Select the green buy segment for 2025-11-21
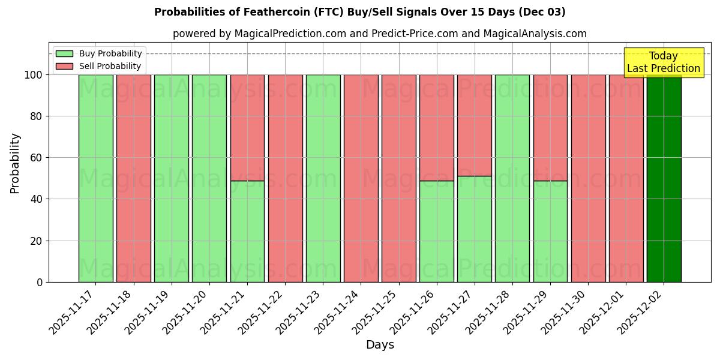pyautogui.click(x=247, y=231)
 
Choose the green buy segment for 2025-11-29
pyautogui.click(x=550, y=231)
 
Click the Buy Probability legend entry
pyautogui.click(x=99, y=54)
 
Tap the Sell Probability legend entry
pyautogui.click(x=99, y=66)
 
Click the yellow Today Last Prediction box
pyautogui.click(x=664, y=62)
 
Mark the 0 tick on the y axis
pyautogui.click(x=40, y=282)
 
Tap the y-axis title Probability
pyautogui.click(x=15, y=163)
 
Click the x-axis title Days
pyautogui.click(x=380, y=345)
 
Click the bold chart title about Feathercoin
pyautogui.click(x=360, y=12)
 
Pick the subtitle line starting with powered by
pyautogui.click(x=380, y=34)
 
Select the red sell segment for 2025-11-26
pyautogui.click(x=436, y=127)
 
